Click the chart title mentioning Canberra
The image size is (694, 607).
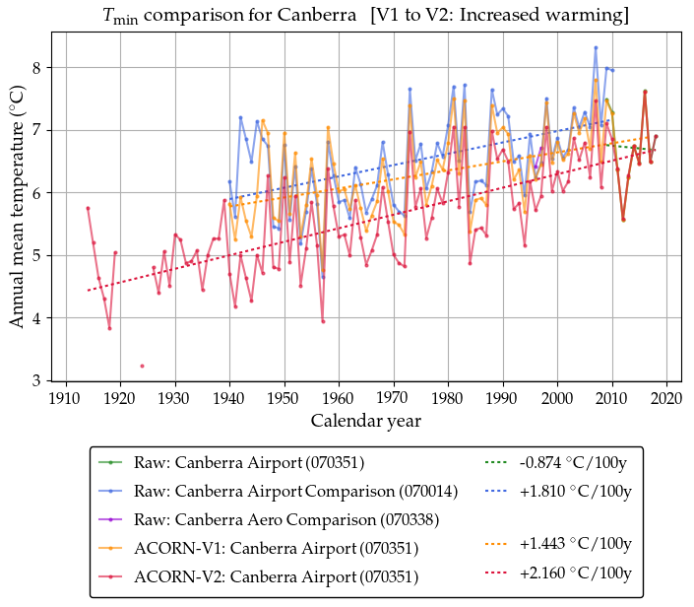(x=366, y=16)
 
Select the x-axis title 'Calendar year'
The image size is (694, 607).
(x=366, y=422)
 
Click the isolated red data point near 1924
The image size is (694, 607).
(x=142, y=366)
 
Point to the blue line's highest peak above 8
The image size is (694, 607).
(x=596, y=47)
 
